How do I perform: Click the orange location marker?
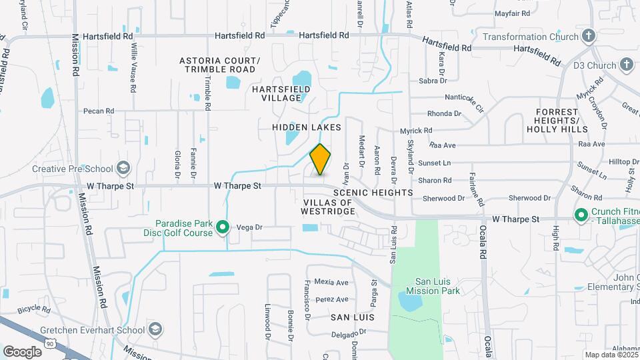click(320, 160)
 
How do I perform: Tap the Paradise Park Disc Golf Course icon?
click(224, 228)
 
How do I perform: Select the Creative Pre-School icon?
click(123, 169)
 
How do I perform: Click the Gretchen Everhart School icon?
click(155, 329)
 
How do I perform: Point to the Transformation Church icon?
click(588, 36)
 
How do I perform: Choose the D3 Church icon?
click(625, 65)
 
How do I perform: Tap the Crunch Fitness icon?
click(581, 215)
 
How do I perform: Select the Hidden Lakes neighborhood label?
click(307, 127)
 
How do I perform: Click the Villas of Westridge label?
click(329, 207)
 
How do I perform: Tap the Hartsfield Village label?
click(277, 93)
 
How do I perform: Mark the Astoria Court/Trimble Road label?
click(220, 65)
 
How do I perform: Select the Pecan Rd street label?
click(99, 111)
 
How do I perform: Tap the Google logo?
click(23, 351)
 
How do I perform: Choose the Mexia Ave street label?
click(333, 283)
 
